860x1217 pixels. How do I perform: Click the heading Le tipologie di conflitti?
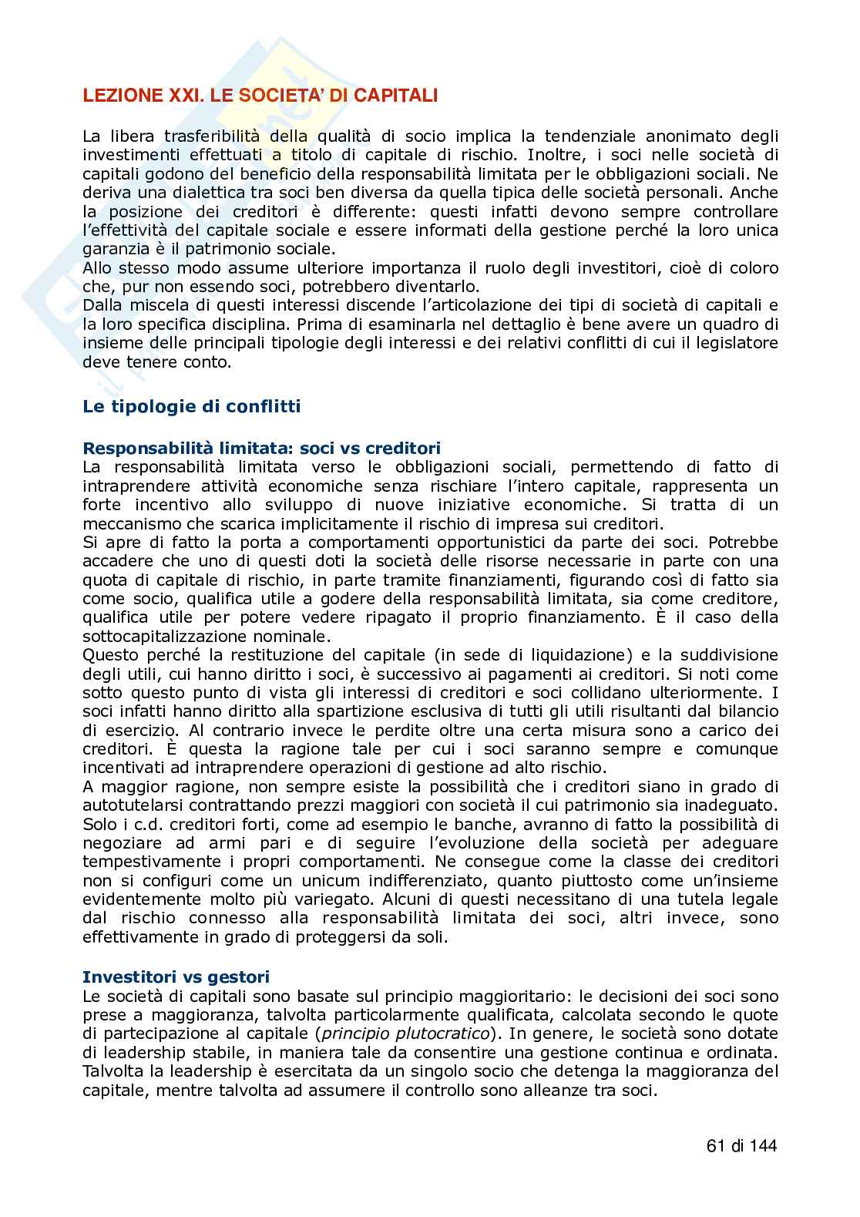(x=192, y=406)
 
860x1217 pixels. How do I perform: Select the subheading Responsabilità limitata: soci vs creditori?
(x=261, y=448)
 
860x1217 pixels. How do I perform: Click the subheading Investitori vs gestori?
(x=176, y=977)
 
